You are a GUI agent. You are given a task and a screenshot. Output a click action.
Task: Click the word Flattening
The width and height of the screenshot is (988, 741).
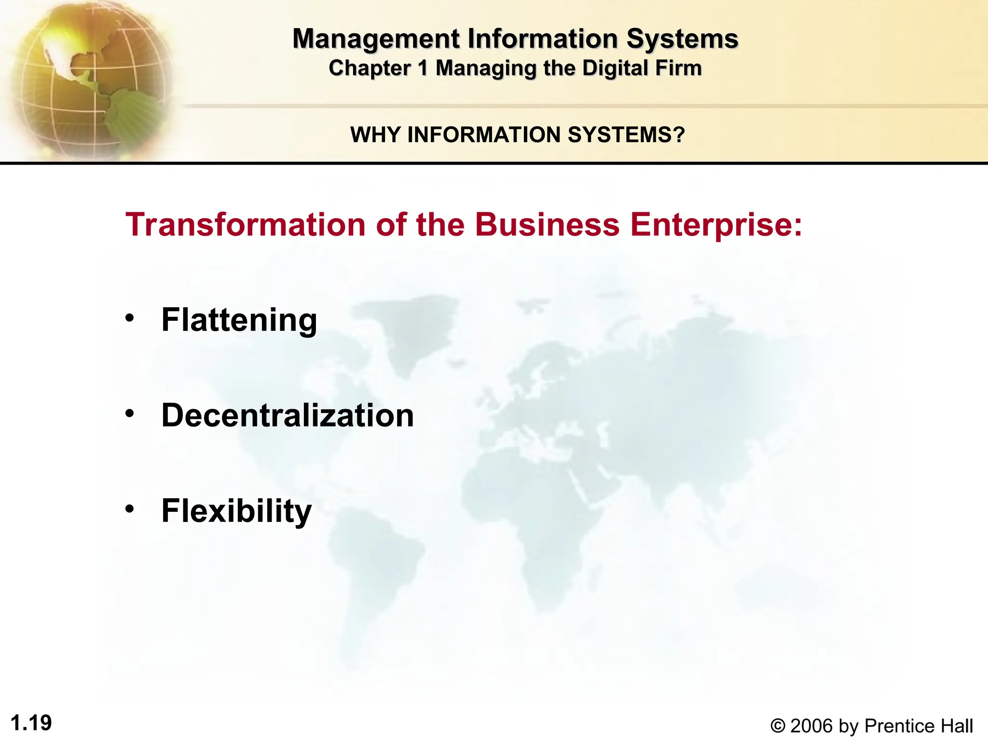click(239, 320)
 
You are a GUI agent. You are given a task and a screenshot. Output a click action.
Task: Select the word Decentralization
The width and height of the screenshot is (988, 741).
click(288, 415)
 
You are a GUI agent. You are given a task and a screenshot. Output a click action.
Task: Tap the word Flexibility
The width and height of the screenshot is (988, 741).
click(236, 511)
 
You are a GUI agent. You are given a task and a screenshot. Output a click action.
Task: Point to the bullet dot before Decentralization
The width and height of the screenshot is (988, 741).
click(129, 413)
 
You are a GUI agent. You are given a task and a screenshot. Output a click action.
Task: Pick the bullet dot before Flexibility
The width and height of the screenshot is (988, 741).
click(129, 508)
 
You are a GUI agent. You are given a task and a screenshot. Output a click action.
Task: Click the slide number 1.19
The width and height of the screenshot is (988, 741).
click(31, 723)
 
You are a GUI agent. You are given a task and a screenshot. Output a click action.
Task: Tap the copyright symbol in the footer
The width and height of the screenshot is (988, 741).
click(778, 726)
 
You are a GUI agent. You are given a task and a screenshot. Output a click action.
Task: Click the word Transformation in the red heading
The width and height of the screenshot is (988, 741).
click(246, 225)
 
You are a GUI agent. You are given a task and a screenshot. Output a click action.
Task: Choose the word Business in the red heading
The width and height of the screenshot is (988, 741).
click(547, 225)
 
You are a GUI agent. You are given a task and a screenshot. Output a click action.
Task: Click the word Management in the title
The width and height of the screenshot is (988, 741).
click(376, 39)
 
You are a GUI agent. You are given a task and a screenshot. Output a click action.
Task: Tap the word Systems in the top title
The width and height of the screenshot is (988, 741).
click(682, 39)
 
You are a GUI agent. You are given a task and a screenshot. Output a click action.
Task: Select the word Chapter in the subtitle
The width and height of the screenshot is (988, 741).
click(369, 68)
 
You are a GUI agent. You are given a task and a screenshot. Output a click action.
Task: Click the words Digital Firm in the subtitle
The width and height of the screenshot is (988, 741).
click(642, 68)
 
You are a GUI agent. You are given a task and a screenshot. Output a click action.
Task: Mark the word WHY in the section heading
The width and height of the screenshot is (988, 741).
click(376, 135)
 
